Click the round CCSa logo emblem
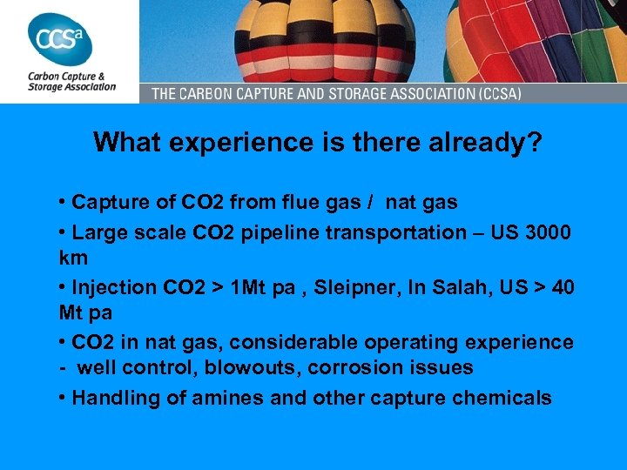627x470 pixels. point(60,38)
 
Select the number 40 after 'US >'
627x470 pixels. point(563,286)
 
